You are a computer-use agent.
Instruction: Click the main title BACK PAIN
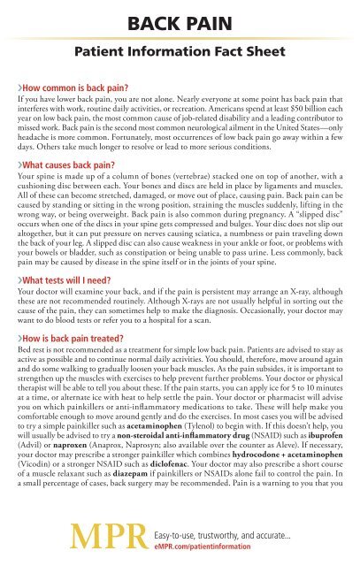(x=180, y=14)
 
